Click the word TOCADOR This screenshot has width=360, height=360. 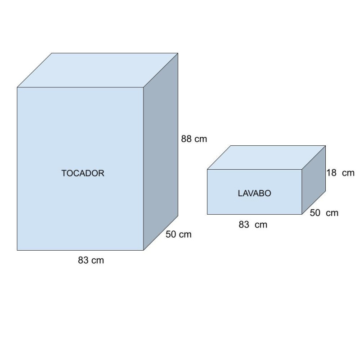[83, 173]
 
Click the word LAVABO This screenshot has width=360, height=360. [254, 193]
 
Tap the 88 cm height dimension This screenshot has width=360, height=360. [194, 139]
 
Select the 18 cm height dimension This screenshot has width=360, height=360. [340, 173]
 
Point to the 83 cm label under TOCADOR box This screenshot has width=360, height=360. [91, 260]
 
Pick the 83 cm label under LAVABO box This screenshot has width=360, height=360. [252, 225]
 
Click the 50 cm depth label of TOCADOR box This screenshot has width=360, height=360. [178, 234]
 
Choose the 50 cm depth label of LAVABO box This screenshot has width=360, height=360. [324, 213]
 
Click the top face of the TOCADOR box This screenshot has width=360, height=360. [98, 70]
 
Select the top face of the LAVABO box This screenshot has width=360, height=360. [266, 157]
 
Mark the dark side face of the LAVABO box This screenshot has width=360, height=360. [313, 180]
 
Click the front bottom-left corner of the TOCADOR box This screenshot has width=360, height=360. [17, 250]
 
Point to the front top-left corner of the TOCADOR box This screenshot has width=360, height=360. [17, 87]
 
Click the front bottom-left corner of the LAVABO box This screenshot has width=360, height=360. [207, 214]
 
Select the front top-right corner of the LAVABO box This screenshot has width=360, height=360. [301, 170]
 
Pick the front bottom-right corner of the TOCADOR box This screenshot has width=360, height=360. [144, 250]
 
